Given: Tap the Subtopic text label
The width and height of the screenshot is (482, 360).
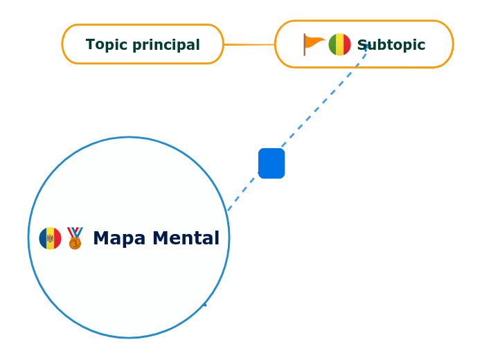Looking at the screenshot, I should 391,45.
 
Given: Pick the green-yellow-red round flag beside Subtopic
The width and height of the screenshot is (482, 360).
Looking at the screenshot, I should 339,44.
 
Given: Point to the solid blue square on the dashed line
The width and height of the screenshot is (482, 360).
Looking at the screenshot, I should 271,163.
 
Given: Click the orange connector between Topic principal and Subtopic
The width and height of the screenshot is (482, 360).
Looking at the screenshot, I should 249,44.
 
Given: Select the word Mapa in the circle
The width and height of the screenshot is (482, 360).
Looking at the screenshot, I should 118,238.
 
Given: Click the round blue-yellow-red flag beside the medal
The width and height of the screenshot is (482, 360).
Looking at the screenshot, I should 50,238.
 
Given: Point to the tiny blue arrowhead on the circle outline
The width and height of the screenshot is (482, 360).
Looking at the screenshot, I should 204,303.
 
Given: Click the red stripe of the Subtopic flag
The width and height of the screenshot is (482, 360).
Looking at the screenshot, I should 347,44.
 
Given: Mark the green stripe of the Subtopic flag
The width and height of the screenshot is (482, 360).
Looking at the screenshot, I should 332,44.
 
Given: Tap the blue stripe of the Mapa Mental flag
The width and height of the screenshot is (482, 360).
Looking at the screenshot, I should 42,238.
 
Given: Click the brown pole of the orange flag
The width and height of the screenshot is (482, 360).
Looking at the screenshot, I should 305,45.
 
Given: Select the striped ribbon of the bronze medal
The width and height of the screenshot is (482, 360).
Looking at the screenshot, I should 75,232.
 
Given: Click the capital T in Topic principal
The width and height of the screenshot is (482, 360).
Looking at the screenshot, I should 90,45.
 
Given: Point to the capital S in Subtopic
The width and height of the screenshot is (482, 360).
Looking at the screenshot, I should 362,45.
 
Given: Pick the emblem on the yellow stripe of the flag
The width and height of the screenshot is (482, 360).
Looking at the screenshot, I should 50,238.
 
